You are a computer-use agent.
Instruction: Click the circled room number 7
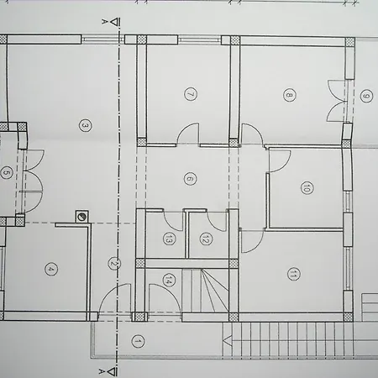pos(191,94)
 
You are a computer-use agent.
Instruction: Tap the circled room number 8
pos(290,95)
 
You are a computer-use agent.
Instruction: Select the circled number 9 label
pos(366,96)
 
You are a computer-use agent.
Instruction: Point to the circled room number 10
pos(307,187)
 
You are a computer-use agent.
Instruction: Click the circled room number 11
pos(294,274)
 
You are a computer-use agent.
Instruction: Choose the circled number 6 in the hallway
pos(190,179)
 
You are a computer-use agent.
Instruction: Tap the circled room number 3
pos(86,125)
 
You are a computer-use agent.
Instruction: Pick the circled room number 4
pos(51,270)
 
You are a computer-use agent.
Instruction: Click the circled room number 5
pos(6,173)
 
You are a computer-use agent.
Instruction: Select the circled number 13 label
pos(169,239)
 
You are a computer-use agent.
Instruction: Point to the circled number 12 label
pos(206,239)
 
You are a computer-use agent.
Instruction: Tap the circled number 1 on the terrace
pos(138,342)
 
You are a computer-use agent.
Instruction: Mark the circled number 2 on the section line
pos(114,264)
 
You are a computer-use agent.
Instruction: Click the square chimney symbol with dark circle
pos(82,217)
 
